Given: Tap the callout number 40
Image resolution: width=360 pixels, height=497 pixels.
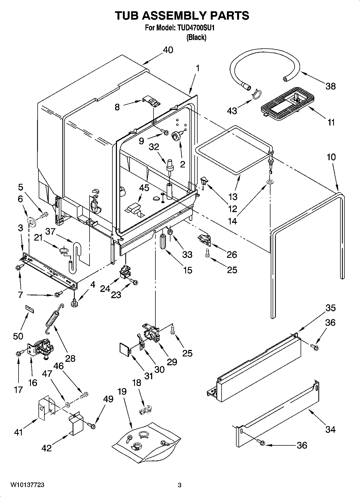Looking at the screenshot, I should (168, 50).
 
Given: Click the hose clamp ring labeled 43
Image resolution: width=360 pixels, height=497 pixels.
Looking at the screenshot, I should (256, 94).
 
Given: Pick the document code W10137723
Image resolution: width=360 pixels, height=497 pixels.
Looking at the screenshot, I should (27, 485).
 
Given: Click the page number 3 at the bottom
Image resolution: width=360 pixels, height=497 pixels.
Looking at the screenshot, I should (180, 485).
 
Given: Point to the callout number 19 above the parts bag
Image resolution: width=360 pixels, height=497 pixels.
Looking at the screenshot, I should (122, 391).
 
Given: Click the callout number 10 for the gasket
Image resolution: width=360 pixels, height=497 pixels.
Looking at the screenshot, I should (331, 157).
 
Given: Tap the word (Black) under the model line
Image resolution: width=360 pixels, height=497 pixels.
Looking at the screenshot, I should (196, 38).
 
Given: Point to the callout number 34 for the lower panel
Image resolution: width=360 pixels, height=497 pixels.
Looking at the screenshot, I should (330, 430).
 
